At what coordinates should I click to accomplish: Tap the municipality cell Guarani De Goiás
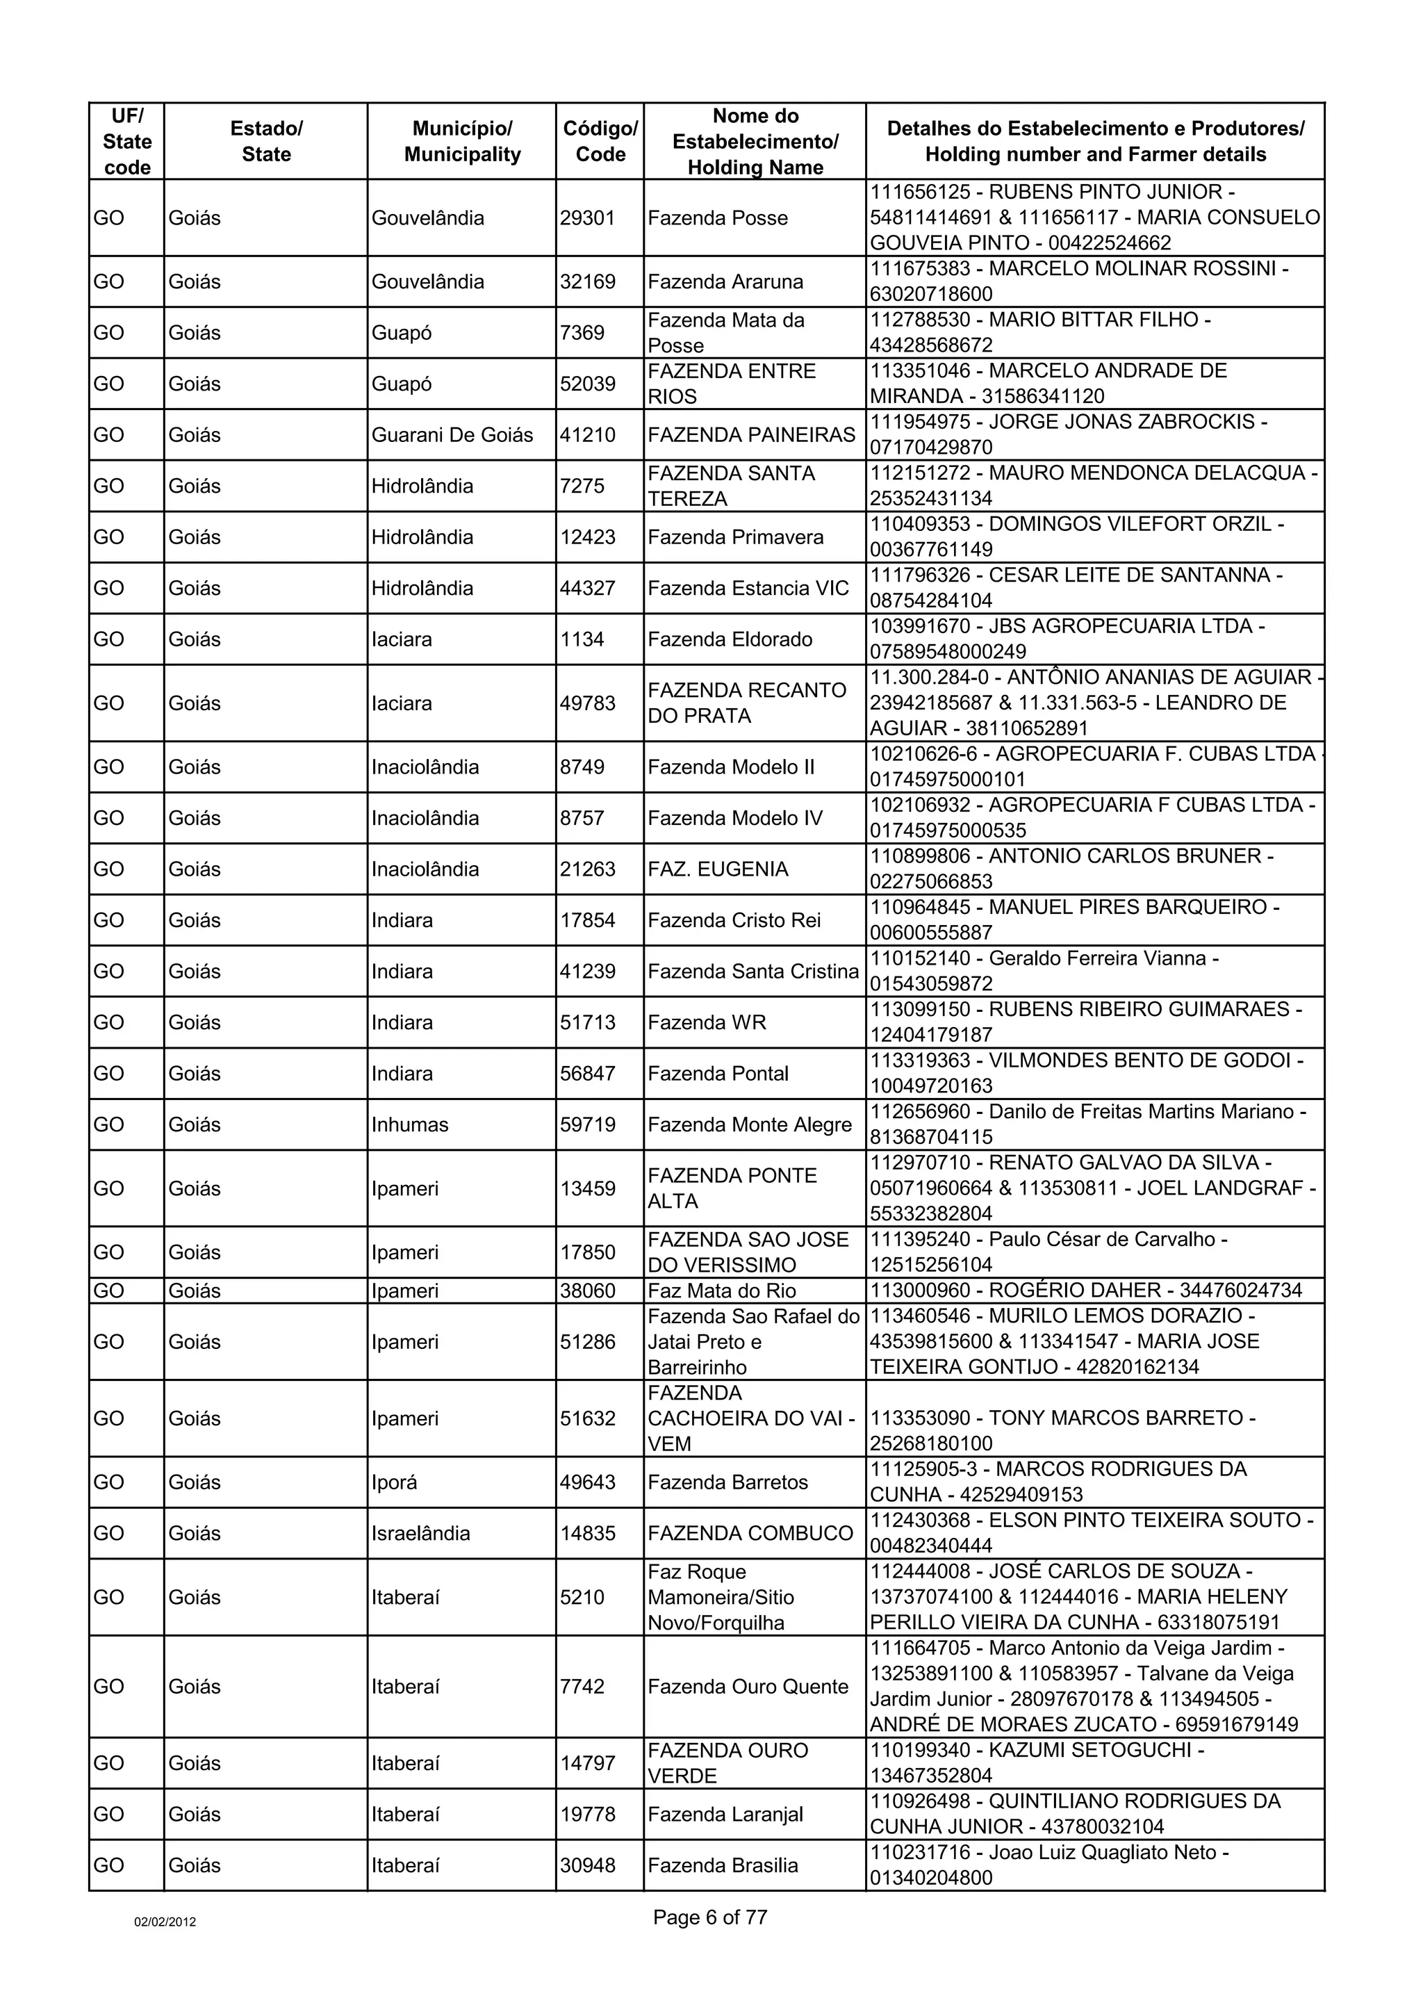[x=452, y=435]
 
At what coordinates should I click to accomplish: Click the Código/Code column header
[x=600, y=141]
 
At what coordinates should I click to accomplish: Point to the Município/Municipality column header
[x=462, y=141]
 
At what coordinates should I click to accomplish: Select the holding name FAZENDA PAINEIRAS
[x=750, y=435]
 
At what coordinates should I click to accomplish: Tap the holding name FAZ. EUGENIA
[x=717, y=869]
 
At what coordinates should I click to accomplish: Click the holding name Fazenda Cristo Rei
[x=734, y=920]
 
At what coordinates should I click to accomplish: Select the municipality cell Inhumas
[x=409, y=1124]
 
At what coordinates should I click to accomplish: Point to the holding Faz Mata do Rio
[x=722, y=1291]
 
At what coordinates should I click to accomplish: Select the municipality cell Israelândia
[x=421, y=1533]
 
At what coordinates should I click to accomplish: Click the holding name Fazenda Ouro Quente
[x=748, y=1686]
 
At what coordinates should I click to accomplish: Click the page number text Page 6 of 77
[x=709, y=1917]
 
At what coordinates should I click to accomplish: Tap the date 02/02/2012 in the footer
[x=165, y=1922]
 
